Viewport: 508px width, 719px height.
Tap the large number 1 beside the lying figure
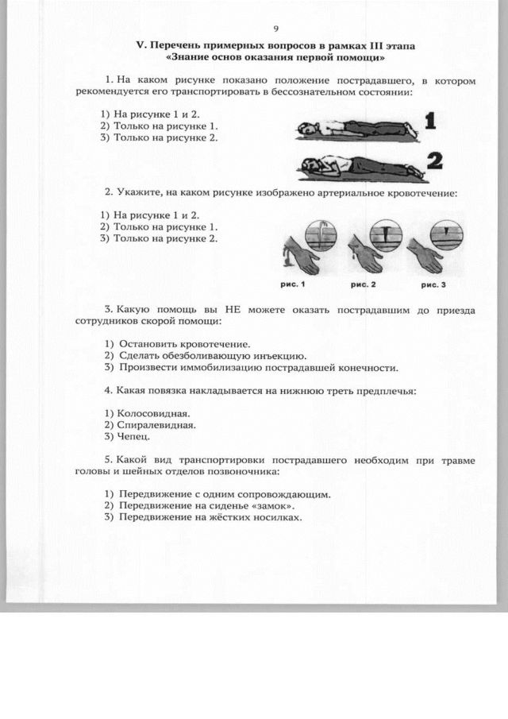tap(430, 122)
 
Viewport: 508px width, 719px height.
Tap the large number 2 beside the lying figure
tap(433, 161)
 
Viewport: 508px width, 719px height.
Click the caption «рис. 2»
tap(363, 283)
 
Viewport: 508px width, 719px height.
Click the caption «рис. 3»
tap(433, 283)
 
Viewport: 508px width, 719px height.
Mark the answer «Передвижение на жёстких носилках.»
tap(210, 517)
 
